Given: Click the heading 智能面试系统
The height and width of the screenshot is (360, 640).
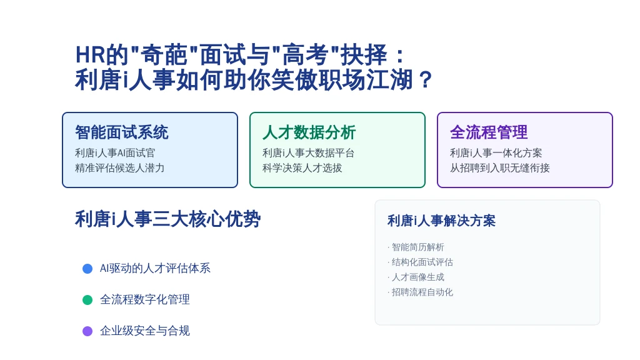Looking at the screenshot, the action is [122, 132].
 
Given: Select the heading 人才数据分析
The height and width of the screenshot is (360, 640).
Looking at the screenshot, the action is [309, 132].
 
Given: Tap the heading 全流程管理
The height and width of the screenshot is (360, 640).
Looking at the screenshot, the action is [489, 132].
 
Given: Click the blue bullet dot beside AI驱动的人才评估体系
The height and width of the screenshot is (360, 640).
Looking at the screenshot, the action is [87, 269].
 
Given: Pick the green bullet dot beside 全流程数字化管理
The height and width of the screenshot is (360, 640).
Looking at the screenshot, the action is [87, 300].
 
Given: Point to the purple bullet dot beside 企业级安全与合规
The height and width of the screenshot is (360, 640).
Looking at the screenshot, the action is [87, 331].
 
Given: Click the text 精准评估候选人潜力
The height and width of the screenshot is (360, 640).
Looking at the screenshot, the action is [119, 167].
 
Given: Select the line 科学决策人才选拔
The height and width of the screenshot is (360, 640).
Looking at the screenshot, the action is [302, 167].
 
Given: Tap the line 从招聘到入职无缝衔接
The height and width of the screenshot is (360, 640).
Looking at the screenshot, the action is [499, 167].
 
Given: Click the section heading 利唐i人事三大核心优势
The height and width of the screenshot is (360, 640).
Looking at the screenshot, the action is [167, 219].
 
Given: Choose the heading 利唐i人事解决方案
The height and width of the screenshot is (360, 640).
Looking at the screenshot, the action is [441, 221].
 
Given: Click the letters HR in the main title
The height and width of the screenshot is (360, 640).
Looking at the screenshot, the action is [90, 55].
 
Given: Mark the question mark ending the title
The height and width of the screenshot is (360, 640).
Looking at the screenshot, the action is [425, 79].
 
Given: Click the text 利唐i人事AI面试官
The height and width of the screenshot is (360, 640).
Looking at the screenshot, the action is [115, 153].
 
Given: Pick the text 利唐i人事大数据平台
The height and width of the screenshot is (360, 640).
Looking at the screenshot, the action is [308, 153].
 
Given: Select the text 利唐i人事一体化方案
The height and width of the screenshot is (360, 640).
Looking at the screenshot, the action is [496, 153].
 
